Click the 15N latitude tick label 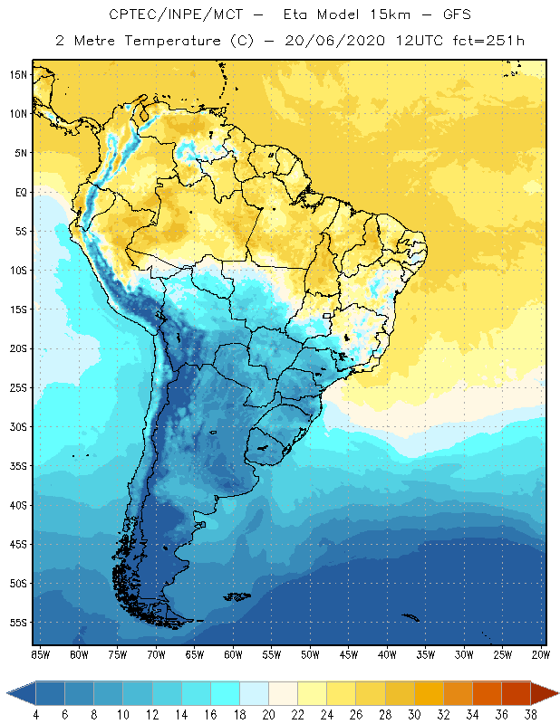point(19,74)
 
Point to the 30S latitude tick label point(19,426)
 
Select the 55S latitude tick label point(19,623)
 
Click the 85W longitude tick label point(41,653)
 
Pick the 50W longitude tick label point(310,653)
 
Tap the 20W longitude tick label point(541,653)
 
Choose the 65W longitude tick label point(195,653)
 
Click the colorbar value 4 point(35,715)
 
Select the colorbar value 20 point(269,715)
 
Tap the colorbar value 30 point(414,715)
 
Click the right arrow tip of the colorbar point(556,693)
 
